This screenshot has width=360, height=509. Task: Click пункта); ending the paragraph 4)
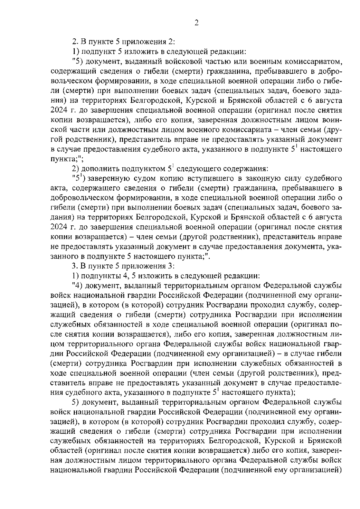[277, 392]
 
